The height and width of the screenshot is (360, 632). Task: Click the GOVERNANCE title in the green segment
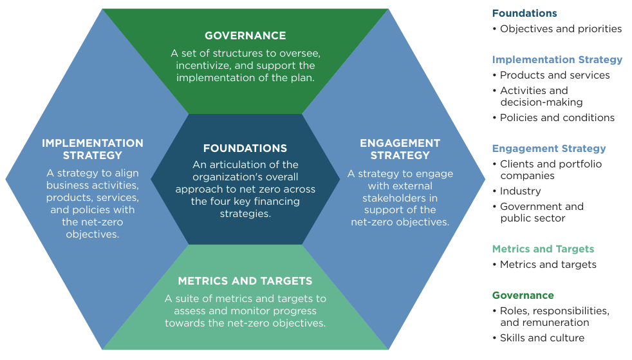[x=245, y=35]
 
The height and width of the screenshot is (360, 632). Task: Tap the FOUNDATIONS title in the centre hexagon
[x=245, y=148]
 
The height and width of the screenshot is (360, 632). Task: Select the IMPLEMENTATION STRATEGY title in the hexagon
[x=93, y=149]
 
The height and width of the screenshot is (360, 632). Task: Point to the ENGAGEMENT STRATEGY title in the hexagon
[x=400, y=149]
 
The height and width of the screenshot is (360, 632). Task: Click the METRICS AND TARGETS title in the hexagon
[x=245, y=281]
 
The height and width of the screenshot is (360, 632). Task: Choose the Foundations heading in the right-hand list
[x=525, y=13]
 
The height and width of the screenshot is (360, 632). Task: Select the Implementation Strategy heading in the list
[x=557, y=59]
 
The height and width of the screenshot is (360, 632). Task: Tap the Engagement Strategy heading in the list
[x=549, y=148]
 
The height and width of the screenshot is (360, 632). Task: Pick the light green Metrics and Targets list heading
[x=543, y=249]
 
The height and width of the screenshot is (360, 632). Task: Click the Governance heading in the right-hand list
[x=523, y=295]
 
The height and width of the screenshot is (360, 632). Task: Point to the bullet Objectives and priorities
[x=561, y=28]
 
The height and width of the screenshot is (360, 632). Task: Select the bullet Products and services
[x=555, y=75]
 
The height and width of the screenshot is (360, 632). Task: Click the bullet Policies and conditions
[x=557, y=117]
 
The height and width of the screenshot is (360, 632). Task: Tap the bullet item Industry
[x=520, y=191]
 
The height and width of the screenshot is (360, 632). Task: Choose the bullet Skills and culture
[x=542, y=337]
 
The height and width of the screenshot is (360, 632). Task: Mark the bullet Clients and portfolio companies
[x=550, y=169]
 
